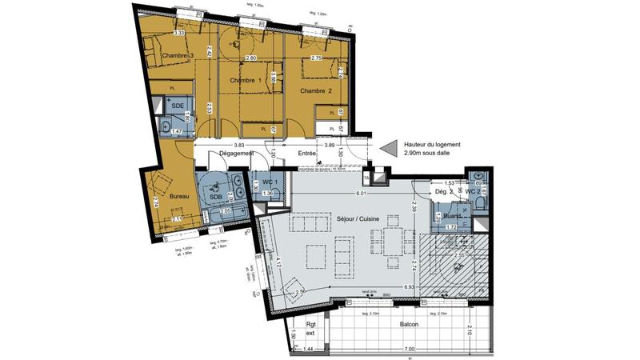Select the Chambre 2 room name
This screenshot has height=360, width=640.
(x=316, y=91)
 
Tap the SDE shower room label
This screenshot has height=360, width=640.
(x=178, y=106)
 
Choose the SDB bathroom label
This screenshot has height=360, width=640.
(x=216, y=198)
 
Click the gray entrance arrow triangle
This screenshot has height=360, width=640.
(x=388, y=150)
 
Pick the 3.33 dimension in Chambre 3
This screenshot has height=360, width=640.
(x=179, y=33)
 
